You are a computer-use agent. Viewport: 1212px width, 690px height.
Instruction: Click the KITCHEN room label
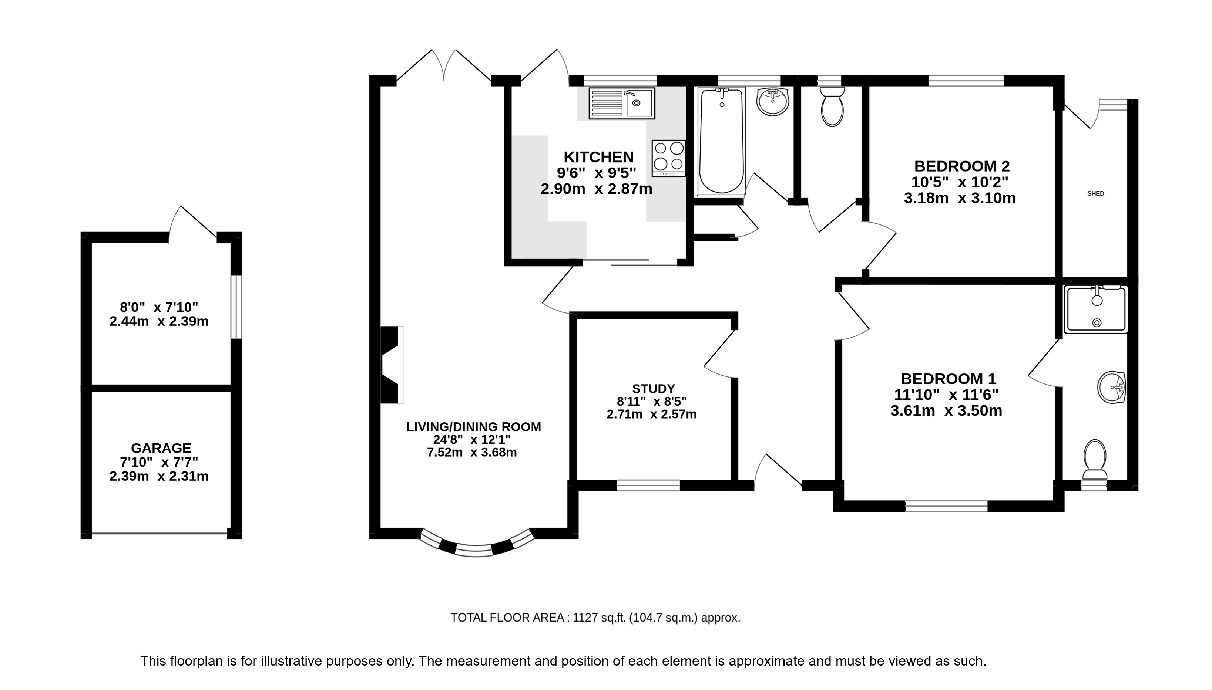(598, 157)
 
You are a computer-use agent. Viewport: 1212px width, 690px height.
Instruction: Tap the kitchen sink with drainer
(622, 103)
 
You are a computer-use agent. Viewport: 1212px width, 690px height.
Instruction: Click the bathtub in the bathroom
(721, 141)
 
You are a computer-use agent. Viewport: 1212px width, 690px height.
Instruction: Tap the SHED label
(1095, 193)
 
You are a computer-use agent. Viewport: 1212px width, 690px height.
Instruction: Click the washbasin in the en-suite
(1111, 388)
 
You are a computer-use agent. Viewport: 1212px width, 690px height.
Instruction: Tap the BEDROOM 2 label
(961, 166)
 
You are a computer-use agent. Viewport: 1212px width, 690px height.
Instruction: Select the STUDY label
(653, 389)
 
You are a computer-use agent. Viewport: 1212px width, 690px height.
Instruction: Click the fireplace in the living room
(392, 365)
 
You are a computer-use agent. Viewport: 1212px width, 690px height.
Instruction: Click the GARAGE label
(161, 448)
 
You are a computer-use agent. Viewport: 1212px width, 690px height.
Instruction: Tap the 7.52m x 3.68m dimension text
(472, 453)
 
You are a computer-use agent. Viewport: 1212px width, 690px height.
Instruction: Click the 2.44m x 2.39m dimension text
(159, 321)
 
